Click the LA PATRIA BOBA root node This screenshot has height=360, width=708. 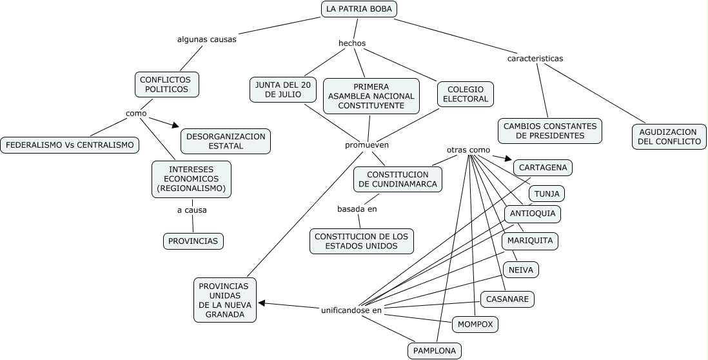[359, 9]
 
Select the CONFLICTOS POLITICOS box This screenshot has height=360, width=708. [166, 85]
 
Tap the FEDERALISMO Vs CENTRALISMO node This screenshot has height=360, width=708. [70, 145]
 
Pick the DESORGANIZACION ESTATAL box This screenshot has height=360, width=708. [226, 141]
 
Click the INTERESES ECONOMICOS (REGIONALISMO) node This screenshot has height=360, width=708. [191, 179]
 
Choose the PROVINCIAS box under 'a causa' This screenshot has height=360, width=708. [193, 241]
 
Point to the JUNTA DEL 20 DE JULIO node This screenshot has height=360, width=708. [283, 90]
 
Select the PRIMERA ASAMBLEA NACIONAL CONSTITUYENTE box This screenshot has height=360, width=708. [371, 96]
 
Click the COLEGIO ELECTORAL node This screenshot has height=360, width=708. [466, 94]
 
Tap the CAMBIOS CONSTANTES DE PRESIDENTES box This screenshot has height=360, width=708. [549, 131]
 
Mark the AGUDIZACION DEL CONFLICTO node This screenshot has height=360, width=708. [668, 136]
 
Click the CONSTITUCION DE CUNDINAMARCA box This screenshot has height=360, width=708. [398, 179]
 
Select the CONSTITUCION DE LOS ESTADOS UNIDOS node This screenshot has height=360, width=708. [361, 241]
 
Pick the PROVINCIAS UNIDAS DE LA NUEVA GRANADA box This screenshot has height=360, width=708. [224, 300]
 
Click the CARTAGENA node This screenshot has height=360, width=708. [543, 168]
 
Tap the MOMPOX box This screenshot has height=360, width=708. [475, 325]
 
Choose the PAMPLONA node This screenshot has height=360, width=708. [434, 351]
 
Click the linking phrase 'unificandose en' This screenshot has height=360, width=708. [351, 310]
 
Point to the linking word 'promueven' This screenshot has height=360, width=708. [367, 145]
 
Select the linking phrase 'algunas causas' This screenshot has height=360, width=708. [206, 39]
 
